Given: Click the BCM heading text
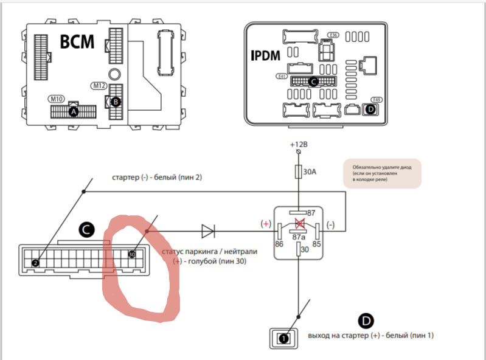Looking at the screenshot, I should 77,43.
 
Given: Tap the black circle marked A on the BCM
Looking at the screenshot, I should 74,112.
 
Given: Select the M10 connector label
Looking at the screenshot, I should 57,99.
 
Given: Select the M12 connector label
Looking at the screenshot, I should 99,86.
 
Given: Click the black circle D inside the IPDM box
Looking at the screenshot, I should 369,109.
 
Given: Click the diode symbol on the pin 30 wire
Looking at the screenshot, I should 208,231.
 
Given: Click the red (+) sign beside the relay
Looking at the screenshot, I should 265,224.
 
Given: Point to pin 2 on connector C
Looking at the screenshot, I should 35,263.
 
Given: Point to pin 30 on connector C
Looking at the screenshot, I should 131,254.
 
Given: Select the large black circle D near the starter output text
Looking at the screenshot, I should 366,321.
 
